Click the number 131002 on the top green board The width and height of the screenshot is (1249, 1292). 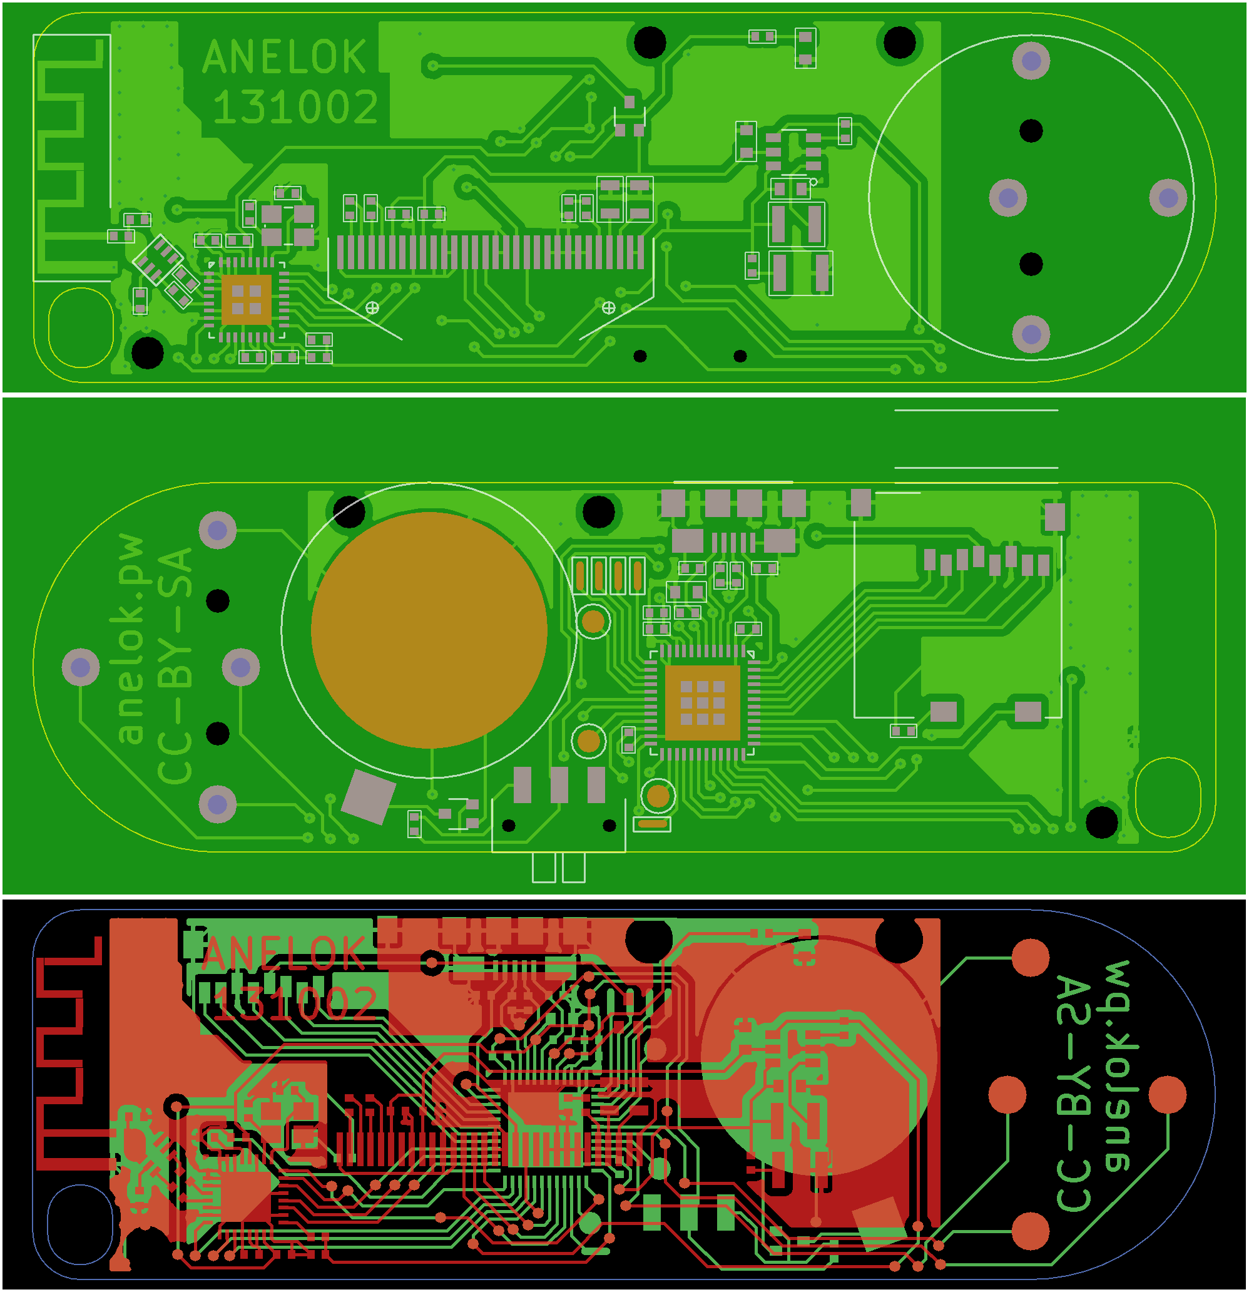click(295, 107)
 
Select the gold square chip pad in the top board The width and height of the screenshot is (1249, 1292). click(246, 300)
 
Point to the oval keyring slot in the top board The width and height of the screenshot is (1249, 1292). click(81, 327)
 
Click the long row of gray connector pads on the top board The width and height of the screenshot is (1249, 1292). click(491, 252)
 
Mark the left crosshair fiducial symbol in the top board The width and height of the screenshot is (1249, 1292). click(372, 308)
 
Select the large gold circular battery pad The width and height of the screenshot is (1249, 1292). click(429, 630)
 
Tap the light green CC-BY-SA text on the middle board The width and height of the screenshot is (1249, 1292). click(175, 666)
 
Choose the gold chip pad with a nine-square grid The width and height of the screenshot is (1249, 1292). click(702, 702)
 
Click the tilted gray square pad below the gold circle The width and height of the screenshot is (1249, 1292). click(369, 796)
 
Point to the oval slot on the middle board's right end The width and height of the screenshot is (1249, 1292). click(1167, 797)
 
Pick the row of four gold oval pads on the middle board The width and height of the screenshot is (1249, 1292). click(608, 575)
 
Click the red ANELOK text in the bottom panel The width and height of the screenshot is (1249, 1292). click(283, 953)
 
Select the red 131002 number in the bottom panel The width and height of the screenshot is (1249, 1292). click(295, 1003)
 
